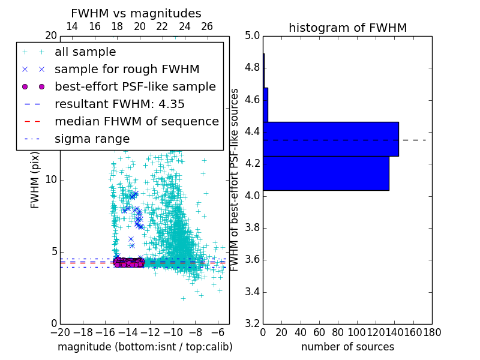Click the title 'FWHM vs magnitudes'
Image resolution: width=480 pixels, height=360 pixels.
tap(136, 13)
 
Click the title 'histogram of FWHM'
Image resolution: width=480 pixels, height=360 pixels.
tap(347, 28)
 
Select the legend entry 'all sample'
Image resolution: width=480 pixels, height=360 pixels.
tap(85, 52)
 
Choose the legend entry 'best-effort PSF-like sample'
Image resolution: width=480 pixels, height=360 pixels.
tap(135, 86)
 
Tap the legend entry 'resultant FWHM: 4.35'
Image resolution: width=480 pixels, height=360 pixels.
tap(119, 104)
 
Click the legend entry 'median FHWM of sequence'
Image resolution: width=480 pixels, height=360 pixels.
tap(136, 121)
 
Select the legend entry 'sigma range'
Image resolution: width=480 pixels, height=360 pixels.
tap(92, 139)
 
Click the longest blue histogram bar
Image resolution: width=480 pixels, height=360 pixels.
tap(331, 139)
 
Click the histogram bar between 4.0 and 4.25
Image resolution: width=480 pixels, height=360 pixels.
tap(326, 173)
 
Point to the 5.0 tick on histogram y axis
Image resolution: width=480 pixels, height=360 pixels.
tap(252, 35)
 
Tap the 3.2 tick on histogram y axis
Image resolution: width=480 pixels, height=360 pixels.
tap(252, 324)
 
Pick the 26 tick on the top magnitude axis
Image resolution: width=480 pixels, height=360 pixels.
tap(207, 26)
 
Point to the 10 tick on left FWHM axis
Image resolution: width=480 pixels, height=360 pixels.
tap(52, 179)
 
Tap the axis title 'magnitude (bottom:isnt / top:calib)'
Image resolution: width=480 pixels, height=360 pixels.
tap(145, 347)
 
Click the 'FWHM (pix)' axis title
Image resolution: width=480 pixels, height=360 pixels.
tap(35, 180)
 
